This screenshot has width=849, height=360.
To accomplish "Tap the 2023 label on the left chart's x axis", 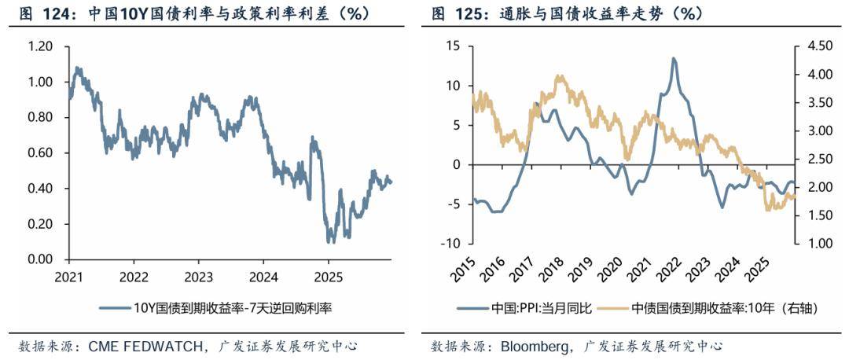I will (198, 277).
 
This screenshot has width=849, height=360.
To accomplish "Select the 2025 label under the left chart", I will (328, 277).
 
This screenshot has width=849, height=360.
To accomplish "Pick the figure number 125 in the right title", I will (469, 14).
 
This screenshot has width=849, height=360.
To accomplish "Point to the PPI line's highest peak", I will (674, 58).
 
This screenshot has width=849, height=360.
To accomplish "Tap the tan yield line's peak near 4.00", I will (559, 76).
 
